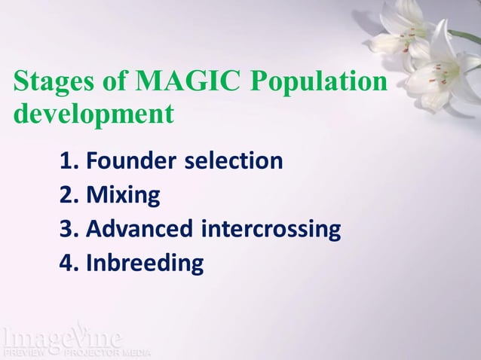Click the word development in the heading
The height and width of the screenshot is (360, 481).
(93, 114)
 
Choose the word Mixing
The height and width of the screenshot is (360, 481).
(123, 196)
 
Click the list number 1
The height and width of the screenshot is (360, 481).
(69, 160)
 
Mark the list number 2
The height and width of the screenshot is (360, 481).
(69, 195)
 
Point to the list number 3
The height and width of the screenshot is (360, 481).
(69, 229)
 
